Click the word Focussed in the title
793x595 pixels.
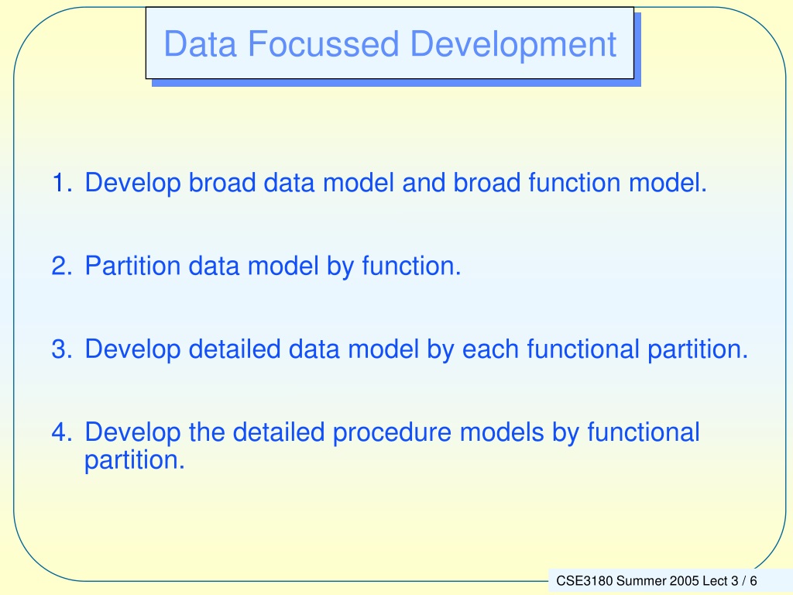[x=323, y=44]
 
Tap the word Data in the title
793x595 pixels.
[x=201, y=44]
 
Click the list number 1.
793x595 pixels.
[x=62, y=183]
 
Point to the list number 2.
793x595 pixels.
[x=62, y=267]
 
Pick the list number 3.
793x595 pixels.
[x=62, y=349]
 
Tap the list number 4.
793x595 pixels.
[x=62, y=432]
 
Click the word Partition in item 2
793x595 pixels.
[x=132, y=266]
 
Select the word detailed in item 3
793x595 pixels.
[x=234, y=349]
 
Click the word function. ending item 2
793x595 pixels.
[x=411, y=266]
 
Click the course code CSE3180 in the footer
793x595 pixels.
[x=584, y=581]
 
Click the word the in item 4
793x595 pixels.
[x=207, y=432]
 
